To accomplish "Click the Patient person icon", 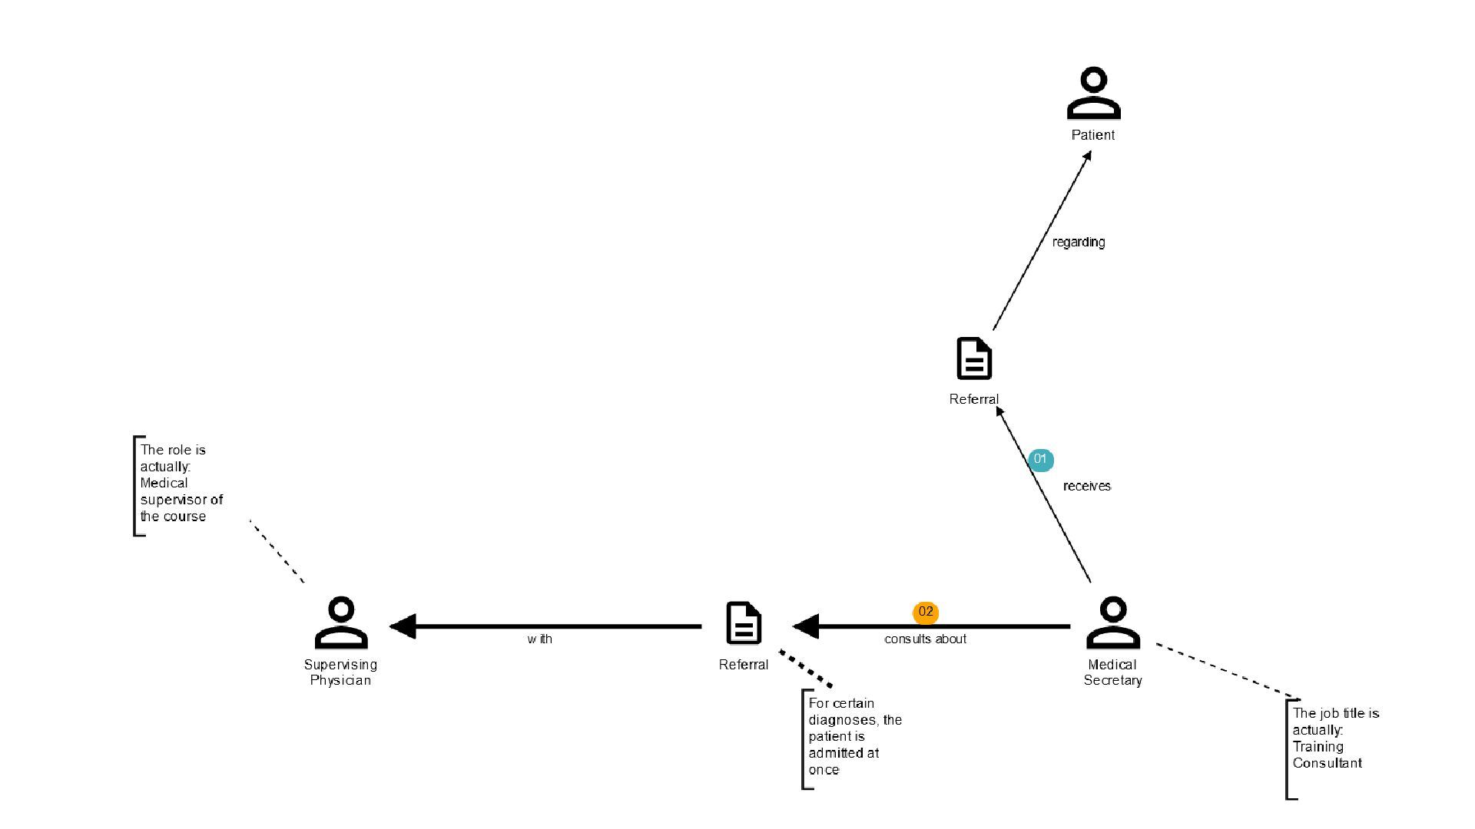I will (x=1093, y=93).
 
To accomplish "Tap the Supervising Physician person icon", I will (x=341, y=623).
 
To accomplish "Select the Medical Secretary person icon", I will (x=1112, y=623).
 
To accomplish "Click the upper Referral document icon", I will (x=974, y=358).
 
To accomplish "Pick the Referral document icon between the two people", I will (x=743, y=623).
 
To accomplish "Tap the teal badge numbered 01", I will (x=1040, y=460).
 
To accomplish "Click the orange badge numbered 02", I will (x=926, y=613).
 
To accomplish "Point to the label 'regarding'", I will (x=1079, y=243).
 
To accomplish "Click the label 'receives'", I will (x=1086, y=487).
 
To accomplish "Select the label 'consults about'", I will (x=925, y=639).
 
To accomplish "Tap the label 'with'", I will (x=539, y=639).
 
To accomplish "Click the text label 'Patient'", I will (x=1092, y=135).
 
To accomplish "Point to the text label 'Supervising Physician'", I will (x=340, y=672).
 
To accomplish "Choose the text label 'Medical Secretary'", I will (x=1112, y=672).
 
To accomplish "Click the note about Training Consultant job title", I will (x=1335, y=738).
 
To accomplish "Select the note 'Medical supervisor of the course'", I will (x=181, y=484).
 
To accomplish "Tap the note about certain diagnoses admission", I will (x=854, y=737).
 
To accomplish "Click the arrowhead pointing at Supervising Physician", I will (x=403, y=626).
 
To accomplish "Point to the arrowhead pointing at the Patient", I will (x=1087, y=157).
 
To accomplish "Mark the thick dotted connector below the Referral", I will (x=806, y=669).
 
